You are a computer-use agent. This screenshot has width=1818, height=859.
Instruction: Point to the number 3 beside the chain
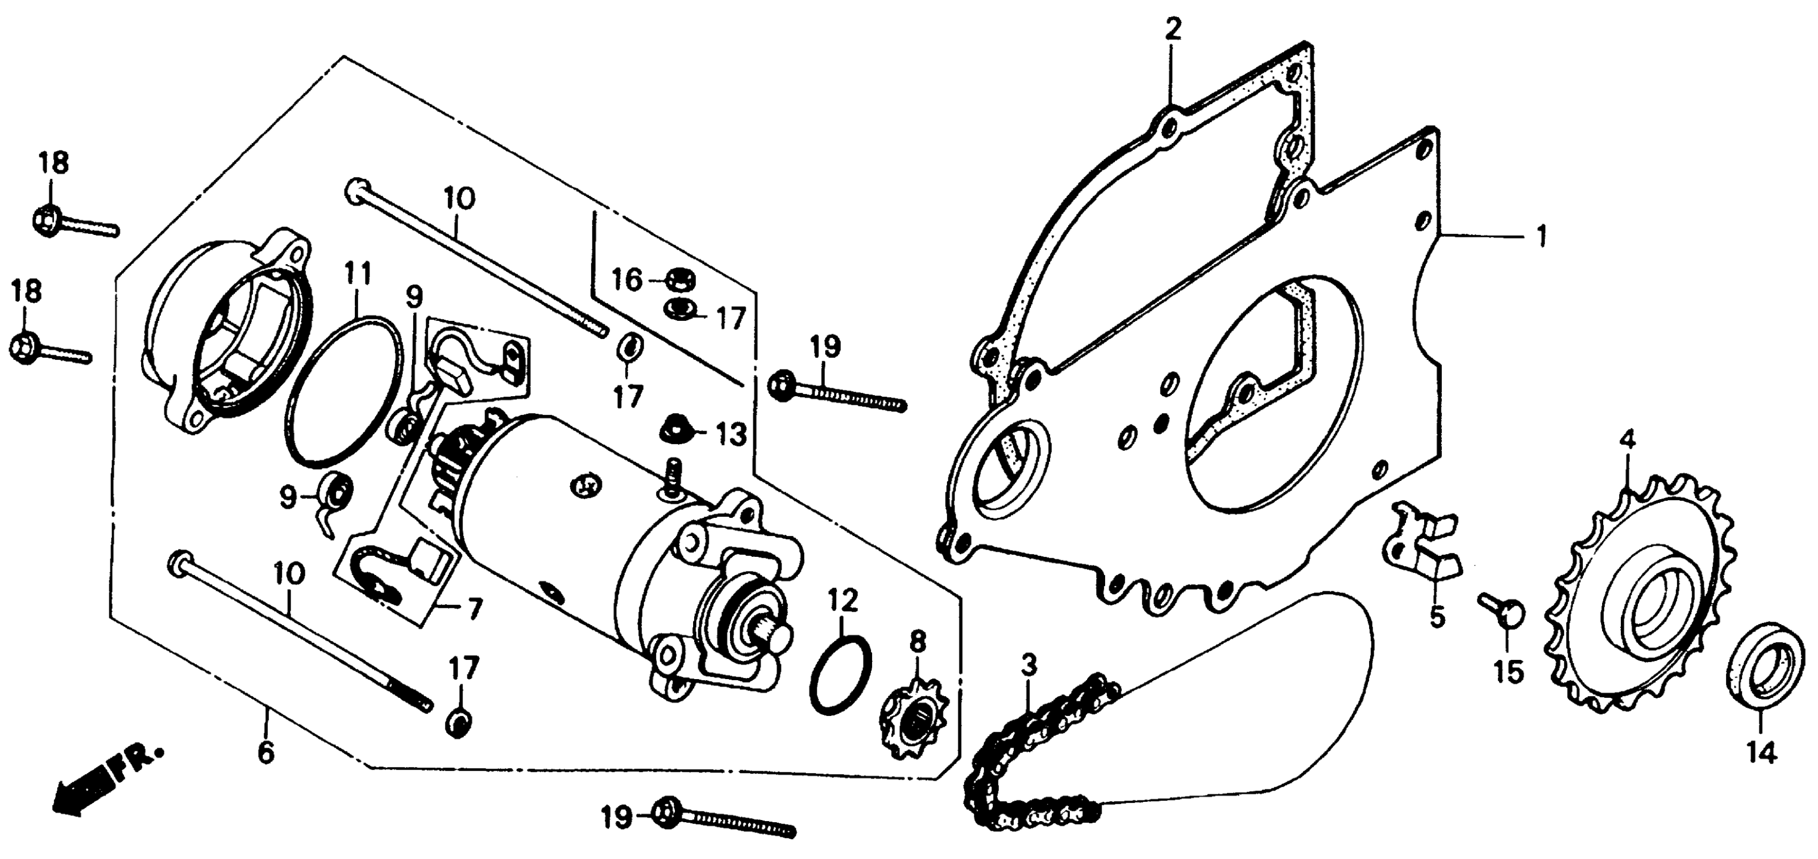[x=1030, y=665]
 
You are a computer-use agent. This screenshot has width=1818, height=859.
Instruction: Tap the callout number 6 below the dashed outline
[x=265, y=752]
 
